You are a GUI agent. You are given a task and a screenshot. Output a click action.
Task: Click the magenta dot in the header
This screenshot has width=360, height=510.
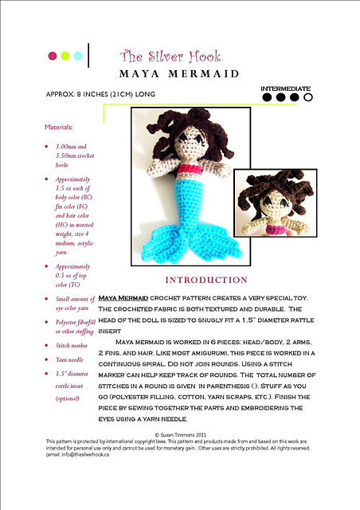(53, 56)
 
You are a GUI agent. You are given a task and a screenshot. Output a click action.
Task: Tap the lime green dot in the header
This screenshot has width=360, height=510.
(65, 56)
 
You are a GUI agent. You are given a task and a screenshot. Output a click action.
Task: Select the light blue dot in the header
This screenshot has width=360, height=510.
(77, 56)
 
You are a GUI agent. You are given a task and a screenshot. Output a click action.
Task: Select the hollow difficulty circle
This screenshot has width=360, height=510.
(308, 98)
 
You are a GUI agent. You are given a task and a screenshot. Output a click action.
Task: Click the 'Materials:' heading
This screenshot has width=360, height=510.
(61, 127)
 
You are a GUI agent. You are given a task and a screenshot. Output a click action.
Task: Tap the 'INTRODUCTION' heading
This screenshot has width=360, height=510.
(205, 280)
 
